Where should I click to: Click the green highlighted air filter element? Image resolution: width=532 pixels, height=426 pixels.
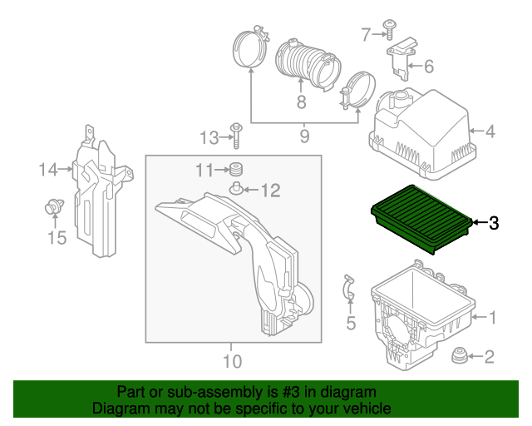coord(421,219)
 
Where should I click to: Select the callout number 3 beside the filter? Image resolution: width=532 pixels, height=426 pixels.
coord(494,223)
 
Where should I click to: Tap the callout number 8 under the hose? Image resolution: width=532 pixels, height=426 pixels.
coord(301,102)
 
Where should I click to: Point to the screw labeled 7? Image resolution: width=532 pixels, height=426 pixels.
coord(390,30)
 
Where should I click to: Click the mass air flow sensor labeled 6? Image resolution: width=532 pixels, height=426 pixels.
coord(401,59)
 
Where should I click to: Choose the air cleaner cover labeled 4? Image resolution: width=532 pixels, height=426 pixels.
coord(422,134)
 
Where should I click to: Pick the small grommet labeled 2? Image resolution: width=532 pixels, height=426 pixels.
coord(460,355)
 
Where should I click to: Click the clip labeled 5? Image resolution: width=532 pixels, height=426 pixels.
coord(349,287)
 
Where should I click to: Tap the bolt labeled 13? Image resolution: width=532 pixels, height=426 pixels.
coord(236,136)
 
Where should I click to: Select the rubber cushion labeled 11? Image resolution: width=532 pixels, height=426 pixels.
coord(236,169)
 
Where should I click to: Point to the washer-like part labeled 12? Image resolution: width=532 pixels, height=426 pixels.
coord(236,189)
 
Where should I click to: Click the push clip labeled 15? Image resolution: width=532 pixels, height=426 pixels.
coord(54,206)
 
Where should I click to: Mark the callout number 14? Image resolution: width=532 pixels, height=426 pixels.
coord(48,170)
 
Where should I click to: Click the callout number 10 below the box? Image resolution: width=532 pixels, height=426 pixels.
coord(233,361)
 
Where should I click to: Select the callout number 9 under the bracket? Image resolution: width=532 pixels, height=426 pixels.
coord(305,136)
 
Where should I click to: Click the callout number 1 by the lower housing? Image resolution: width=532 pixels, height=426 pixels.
coord(492,317)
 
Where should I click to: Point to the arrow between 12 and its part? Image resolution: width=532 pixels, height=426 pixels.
coord(250,190)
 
